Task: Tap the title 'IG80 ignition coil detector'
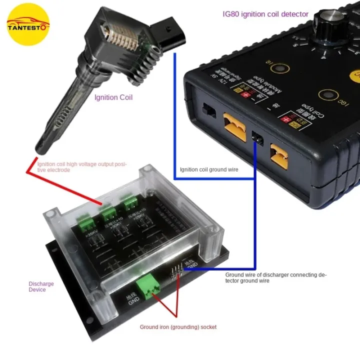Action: point(265,14)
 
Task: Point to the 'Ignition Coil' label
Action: point(113,97)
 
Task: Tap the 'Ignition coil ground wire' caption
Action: point(209,169)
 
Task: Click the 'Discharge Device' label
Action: point(40,286)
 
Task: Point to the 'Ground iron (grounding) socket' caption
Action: point(178,327)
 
